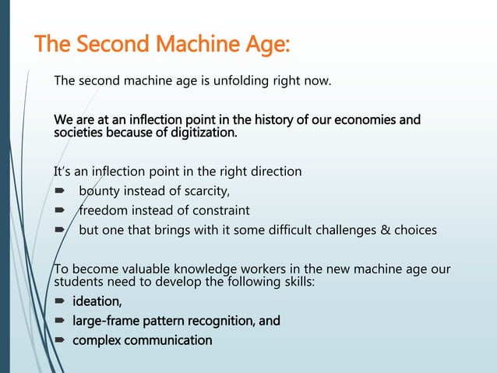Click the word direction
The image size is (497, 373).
click(x=273, y=170)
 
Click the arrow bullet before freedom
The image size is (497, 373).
click(x=58, y=211)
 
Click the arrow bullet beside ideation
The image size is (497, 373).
click(x=58, y=302)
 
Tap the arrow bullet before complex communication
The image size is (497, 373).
click(x=58, y=341)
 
